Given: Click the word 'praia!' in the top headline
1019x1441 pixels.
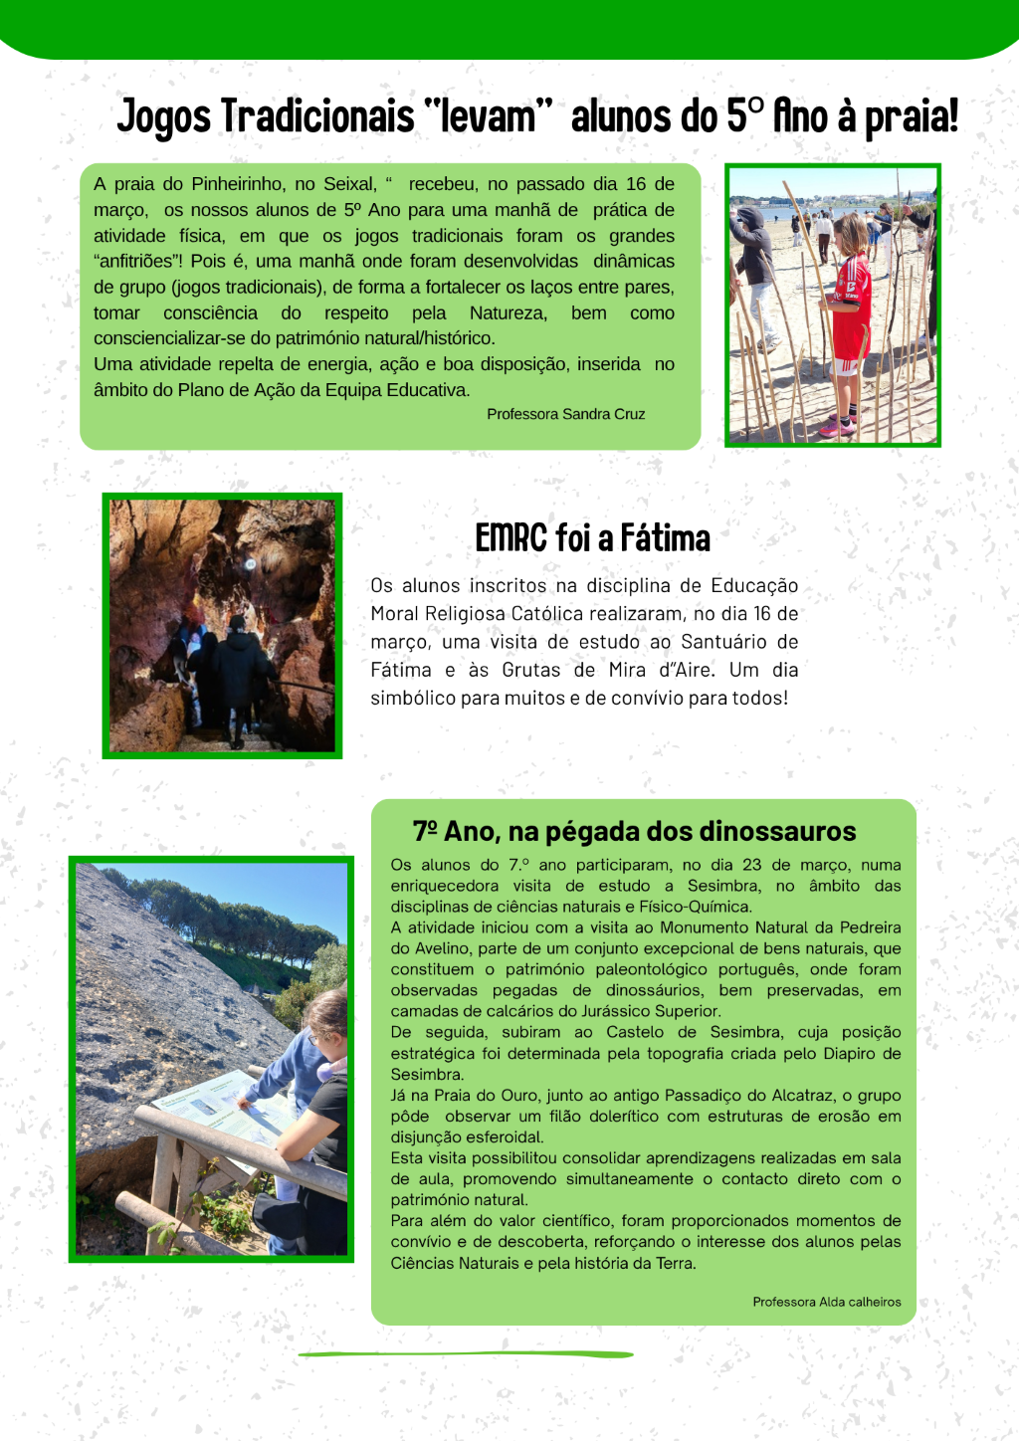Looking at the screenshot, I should coord(910,117).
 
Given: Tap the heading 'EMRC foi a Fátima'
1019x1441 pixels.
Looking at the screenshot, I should coord(592,538).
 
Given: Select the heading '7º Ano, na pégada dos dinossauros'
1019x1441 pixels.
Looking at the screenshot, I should coord(634,831).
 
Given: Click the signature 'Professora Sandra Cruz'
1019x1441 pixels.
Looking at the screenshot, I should coord(565,414).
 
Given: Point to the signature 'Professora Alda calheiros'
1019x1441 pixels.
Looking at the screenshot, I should coord(826,1302).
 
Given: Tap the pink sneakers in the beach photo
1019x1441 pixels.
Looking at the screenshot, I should coord(837,427).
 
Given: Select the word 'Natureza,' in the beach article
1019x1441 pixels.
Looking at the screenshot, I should coord(508,313).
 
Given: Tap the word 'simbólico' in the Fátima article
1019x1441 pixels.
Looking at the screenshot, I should coord(412,698).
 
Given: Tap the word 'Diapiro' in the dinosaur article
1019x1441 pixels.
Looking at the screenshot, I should coord(846,1054).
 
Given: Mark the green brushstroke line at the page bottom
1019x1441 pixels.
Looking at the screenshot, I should coord(466,1354).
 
